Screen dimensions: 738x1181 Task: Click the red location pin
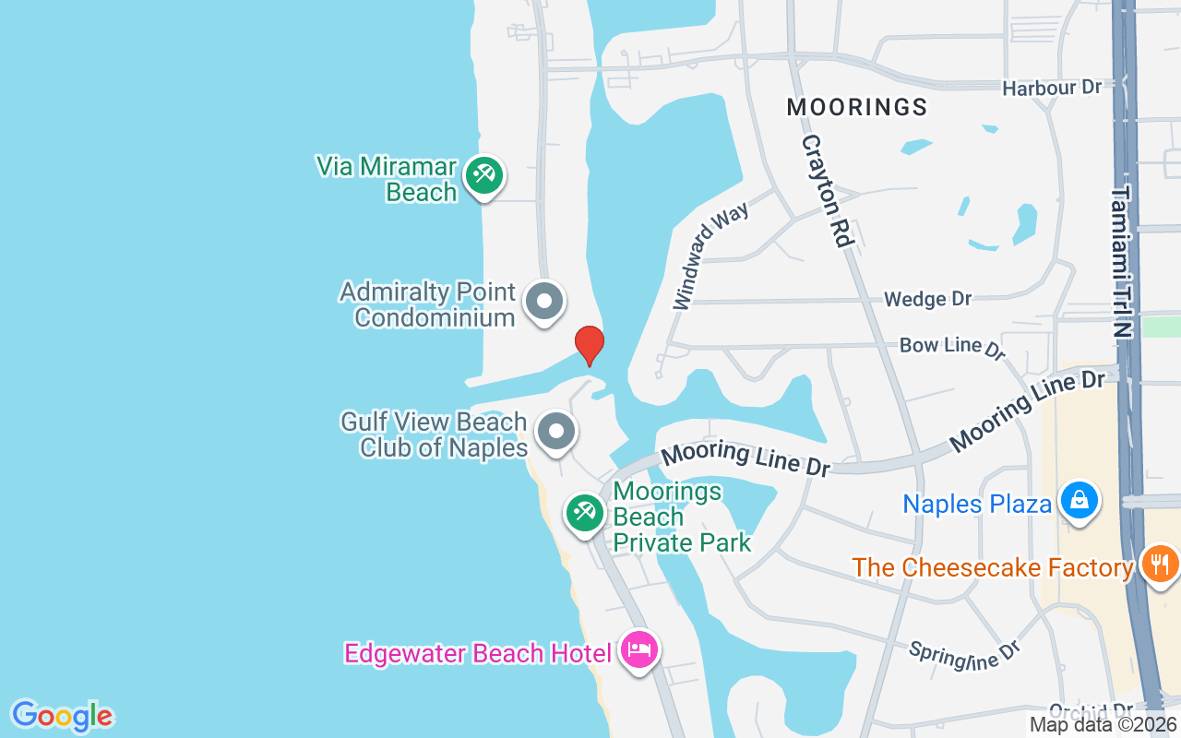pos(590,345)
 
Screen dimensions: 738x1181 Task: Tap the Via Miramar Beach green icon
pos(483,174)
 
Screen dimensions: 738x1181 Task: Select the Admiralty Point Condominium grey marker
pos(544,302)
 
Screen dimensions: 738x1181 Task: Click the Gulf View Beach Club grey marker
pos(556,431)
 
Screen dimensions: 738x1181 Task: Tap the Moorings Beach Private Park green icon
pos(584,512)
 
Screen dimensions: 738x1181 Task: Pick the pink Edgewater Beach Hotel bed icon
pos(639,649)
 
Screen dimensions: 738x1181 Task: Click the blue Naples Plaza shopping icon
pos(1077,500)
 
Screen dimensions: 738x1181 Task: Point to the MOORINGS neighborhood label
pos(857,107)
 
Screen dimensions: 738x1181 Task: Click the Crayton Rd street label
pos(825,190)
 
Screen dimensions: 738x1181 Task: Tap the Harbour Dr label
pos(1052,88)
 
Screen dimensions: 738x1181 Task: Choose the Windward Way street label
pos(710,256)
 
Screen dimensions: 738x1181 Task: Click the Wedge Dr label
pos(927,299)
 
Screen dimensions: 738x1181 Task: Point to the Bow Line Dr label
pos(951,347)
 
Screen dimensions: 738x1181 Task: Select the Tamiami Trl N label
pos(1122,262)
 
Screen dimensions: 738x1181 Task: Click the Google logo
pos(62,716)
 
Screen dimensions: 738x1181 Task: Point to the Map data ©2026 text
pos(1103,725)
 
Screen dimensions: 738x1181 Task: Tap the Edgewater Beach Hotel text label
pos(477,653)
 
